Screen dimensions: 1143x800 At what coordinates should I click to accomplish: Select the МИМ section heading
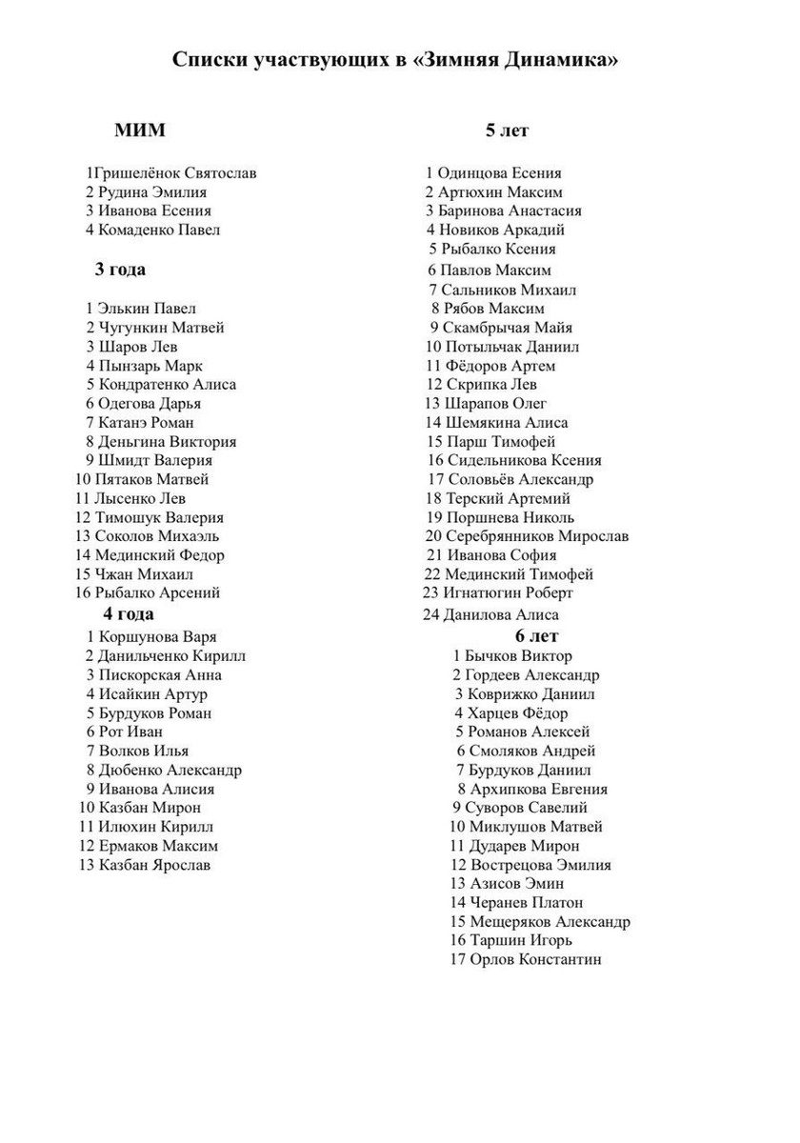click(139, 130)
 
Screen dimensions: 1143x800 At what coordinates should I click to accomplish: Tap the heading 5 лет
click(507, 130)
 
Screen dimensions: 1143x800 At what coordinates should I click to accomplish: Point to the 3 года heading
click(120, 270)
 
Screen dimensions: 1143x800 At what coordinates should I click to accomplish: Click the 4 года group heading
click(129, 613)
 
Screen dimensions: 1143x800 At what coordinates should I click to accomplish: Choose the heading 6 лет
click(537, 635)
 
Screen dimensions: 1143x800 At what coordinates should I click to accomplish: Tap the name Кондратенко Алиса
click(168, 384)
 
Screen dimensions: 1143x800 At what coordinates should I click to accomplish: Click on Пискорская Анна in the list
click(160, 674)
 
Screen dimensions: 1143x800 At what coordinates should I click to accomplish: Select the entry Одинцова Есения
click(500, 173)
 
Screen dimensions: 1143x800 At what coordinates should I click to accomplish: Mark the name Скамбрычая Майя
click(506, 328)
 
